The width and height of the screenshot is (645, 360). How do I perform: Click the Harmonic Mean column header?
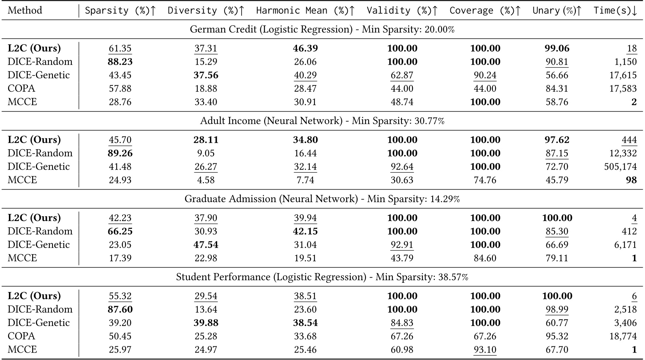(305, 10)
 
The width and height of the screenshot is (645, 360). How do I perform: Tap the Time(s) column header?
(615, 10)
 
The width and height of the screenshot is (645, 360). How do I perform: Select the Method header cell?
(25, 10)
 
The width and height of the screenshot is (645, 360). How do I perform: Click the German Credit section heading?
(322, 29)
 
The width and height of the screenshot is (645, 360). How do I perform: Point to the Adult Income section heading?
(322, 121)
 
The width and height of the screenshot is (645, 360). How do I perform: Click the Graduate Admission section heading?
(322, 199)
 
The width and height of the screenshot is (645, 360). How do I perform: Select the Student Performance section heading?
(322, 277)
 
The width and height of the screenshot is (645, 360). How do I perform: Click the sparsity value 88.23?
(120, 62)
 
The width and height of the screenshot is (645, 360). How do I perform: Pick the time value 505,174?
(620, 167)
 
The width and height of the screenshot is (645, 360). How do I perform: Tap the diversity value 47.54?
(206, 245)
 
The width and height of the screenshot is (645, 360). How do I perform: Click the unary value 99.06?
(557, 48)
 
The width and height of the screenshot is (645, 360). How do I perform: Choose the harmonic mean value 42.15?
(305, 231)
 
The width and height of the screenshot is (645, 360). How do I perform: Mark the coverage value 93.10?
(485, 349)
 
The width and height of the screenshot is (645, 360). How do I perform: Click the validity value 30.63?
(402, 180)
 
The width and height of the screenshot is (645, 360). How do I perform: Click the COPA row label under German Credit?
(21, 88)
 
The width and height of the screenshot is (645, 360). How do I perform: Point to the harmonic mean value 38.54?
(305, 323)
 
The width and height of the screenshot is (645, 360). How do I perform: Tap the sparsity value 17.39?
(120, 258)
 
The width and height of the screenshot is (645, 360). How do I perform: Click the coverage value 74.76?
(485, 180)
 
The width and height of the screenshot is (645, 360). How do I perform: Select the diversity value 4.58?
(206, 180)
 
